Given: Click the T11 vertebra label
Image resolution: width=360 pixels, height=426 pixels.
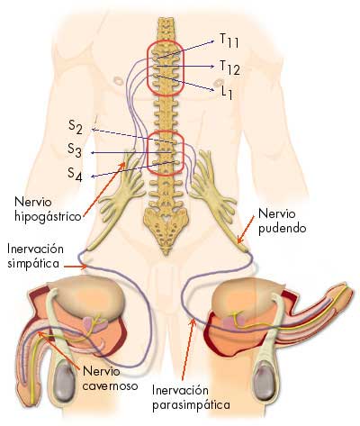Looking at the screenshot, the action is click(229, 41).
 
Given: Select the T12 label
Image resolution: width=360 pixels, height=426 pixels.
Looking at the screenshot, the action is click(229, 68).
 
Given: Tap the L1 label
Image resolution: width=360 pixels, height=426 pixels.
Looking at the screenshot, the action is click(227, 92).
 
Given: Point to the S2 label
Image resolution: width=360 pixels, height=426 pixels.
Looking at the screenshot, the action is click(76, 127).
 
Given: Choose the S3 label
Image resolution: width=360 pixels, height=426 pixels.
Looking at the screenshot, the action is click(75, 150).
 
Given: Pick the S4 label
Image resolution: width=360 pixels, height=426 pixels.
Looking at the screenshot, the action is click(75, 174).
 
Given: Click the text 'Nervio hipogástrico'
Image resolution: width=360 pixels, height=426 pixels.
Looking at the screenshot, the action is click(48, 209).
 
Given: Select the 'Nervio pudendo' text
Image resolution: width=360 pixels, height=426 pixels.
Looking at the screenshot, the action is click(283, 222).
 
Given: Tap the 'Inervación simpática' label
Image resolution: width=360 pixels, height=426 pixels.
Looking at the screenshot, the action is click(35, 256).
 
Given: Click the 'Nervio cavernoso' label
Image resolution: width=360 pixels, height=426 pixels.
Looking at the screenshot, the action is click(110, 378).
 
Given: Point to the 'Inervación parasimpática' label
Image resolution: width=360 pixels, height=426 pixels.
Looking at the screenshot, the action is click(191, 398).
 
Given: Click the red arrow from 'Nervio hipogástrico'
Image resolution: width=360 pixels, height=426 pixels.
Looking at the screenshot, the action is click(104, 188).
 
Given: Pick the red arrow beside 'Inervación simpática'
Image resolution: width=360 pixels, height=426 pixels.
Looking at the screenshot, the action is click(76, 266).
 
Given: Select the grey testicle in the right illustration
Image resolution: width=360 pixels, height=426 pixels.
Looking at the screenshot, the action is click(265, 379).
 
